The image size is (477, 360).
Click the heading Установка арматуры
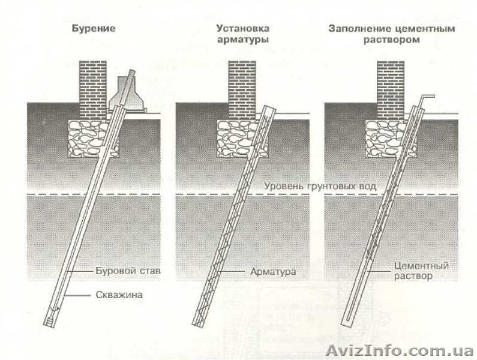(x=242, y=34)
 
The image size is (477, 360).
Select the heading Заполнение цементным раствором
(x=391, y=34)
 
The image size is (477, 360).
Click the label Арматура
(x=273, y=272)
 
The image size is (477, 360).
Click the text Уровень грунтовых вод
(x=321, y=187)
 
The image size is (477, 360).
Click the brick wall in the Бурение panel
(x=93, y=87)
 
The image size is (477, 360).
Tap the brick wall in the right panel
(x=391, y=87)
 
